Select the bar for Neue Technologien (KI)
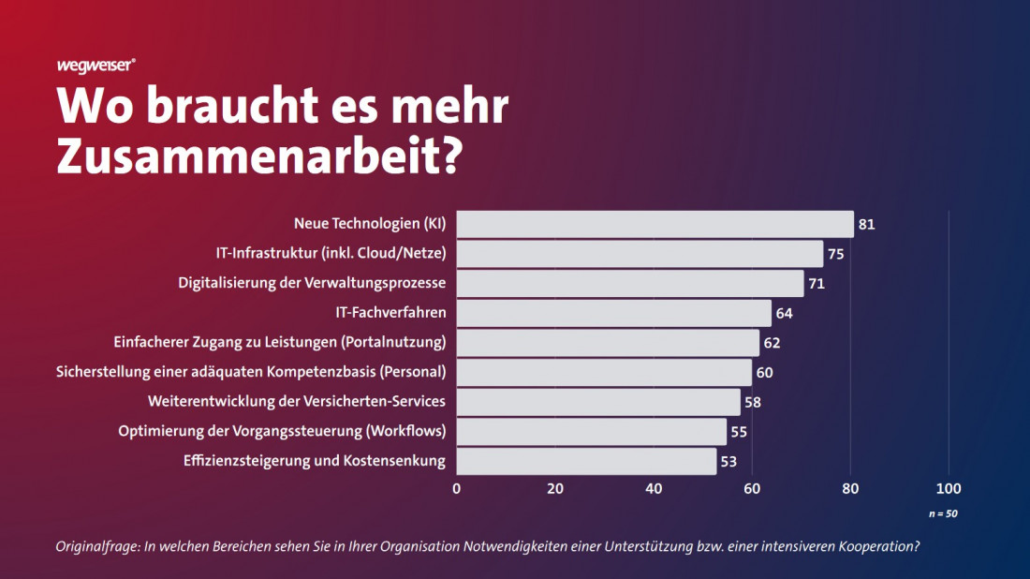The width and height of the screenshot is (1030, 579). pos(655,224)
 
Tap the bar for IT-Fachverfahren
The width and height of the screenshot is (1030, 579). pos(613,313)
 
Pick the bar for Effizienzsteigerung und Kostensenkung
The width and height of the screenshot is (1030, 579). pos(586,461)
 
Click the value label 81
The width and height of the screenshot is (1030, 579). pos(866,225)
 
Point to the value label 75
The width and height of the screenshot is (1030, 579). pos(836,254)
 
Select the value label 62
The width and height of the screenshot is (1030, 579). pos(772,343)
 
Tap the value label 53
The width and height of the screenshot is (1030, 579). pos(728,461)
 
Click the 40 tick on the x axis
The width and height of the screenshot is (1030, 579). pos(654,488)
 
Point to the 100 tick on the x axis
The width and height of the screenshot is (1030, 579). pos(949,488)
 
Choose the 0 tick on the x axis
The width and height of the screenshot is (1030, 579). pos(457,488)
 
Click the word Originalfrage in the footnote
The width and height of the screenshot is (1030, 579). pos(97,546)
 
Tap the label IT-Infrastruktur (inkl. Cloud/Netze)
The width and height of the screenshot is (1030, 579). pos(331,253)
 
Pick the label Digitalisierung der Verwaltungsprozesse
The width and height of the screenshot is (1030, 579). pos(312,283)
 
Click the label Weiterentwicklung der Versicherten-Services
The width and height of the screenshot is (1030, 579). pos(297,402)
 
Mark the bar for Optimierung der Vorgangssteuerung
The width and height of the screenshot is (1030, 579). pos(591,432)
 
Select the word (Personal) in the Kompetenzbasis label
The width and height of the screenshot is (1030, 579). pos(414,372)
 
